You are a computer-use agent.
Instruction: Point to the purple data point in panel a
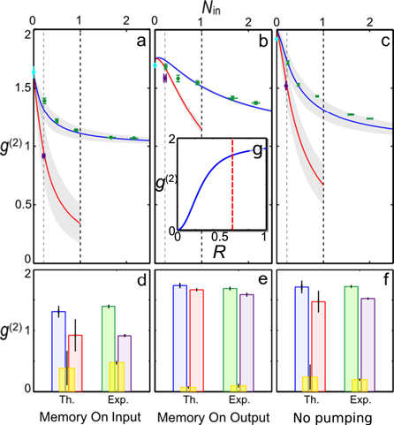(x=43, y=156)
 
